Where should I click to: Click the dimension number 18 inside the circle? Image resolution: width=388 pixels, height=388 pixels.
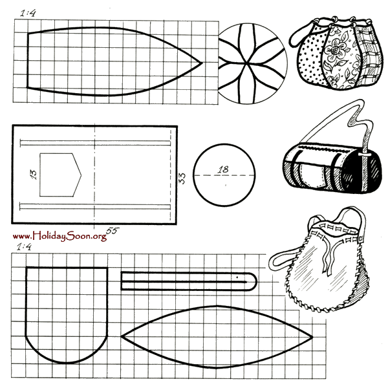tap(223, 169)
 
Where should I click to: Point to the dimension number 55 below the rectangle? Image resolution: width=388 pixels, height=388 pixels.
tap(112, 231)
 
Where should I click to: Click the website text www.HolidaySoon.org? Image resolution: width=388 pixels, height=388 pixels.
tap(59, 236)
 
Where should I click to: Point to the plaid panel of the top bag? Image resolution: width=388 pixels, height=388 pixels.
tap(367, 58)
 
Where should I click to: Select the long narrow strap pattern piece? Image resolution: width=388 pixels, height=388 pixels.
tap(188, 281)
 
